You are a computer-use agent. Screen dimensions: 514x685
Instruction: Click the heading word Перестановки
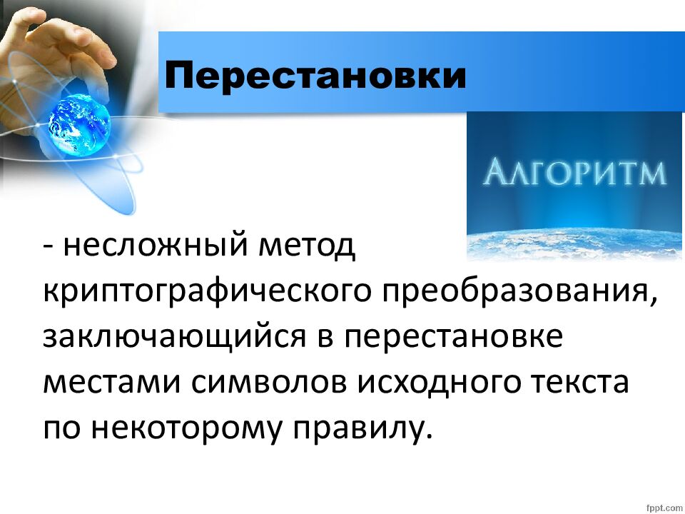pos(315,75)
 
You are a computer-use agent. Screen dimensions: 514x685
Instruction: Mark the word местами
pos(110,383)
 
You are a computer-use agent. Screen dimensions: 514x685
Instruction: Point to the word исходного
pos(440,383)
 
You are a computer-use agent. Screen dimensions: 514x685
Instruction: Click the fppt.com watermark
pos(662,506)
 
